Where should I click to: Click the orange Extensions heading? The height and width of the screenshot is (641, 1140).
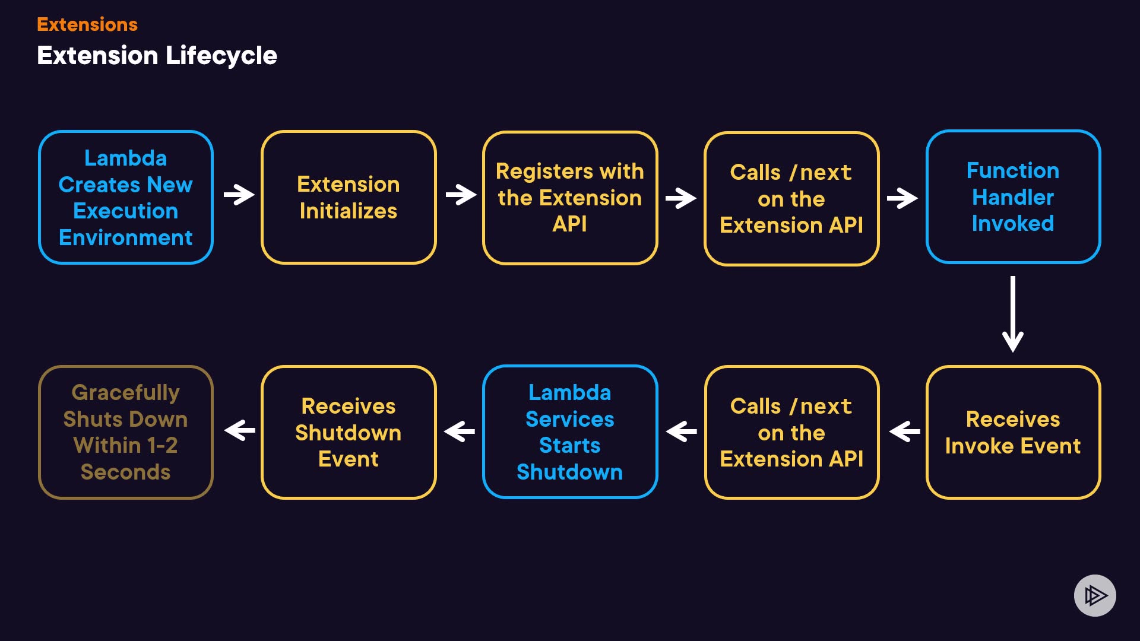tap(87, 24)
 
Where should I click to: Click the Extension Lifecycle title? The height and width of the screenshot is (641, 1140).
tap(157, 56)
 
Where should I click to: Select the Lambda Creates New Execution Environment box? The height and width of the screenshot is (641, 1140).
tap(126, 198)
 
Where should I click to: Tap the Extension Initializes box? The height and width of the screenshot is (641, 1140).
tap(349, 198)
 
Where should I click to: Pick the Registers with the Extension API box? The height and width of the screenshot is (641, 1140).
tap(570, 198)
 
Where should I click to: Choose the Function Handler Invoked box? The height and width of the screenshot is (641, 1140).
tap(1013, 197)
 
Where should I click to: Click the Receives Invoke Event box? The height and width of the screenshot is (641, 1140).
tap(1013, 432)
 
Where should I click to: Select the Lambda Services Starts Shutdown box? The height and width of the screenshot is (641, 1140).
tap(570, 432)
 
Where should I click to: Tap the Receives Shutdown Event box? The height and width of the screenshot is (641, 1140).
tap(349, 432)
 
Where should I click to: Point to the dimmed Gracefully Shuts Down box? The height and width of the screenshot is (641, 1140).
tap(126, 432)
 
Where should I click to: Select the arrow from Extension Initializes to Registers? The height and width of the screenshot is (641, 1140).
tap(461, 195)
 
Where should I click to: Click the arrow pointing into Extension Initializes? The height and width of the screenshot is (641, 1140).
tap(239, 195)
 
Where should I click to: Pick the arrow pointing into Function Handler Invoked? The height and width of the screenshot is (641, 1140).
tap(902, 198)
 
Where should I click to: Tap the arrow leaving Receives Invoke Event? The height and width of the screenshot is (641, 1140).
tap(904, 431)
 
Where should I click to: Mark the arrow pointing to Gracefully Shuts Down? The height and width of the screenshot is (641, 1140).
tap(240, 430)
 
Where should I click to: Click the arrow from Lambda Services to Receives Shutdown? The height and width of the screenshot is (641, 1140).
tap(460, 431)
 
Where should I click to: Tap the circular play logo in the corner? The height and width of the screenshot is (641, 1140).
tap(1095, 595)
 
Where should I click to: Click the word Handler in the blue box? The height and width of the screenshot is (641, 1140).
tap(1013, 197)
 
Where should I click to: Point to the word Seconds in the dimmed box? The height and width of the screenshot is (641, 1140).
tap(126, 472)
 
